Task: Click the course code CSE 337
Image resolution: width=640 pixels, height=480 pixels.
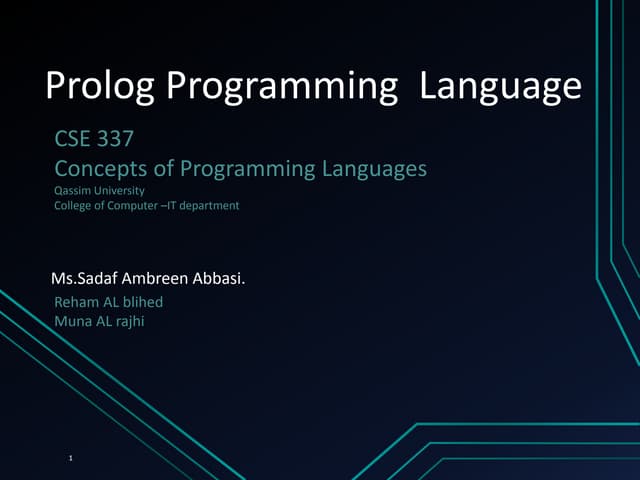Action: (x=93, y=142)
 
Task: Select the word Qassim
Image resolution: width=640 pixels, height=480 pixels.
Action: (x=70, y=189)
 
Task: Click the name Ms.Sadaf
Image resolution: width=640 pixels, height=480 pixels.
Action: (x=87, y=277)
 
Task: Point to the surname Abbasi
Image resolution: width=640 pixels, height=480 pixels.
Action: (x=220, y=277)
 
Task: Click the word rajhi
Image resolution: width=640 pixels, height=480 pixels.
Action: (x=127, y=320)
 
